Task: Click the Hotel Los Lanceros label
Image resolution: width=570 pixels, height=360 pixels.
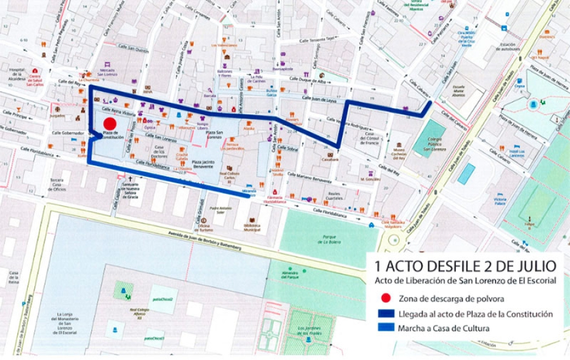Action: point(517,153)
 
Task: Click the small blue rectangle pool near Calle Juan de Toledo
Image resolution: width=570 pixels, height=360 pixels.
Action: point(466,174)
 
